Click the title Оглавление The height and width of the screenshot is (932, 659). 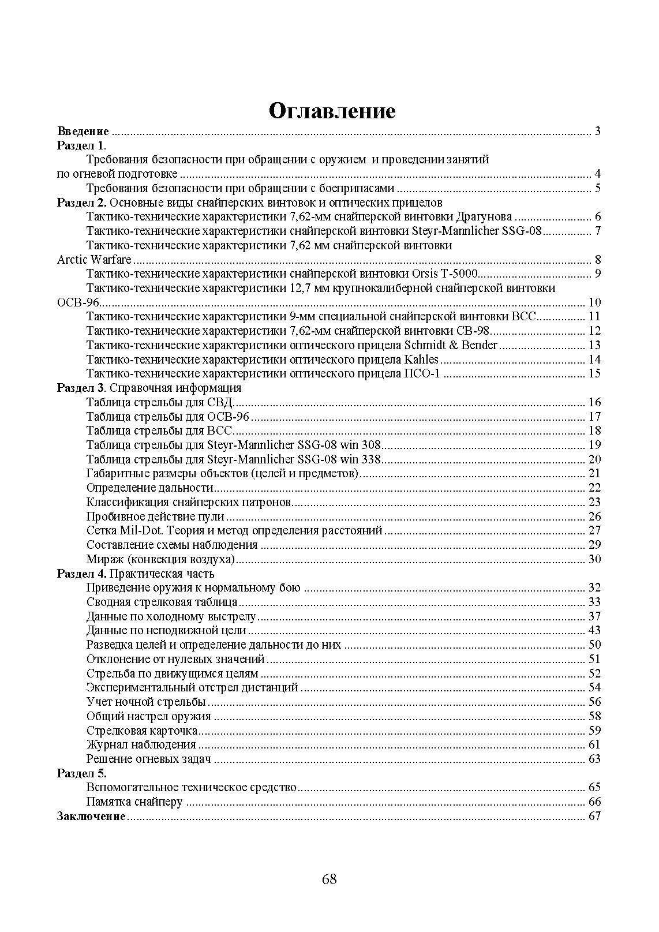(x=332, y=111)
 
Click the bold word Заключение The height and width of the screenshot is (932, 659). (x=91, y=816)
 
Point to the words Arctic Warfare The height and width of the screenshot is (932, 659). (x=94, y=260)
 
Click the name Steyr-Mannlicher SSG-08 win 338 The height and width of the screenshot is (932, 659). (x=294, y=459)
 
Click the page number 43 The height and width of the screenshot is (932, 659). (x=594, y=631)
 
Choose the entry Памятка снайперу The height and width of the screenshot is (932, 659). (x=134, y=802)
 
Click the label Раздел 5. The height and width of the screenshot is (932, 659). (x=81, y=773)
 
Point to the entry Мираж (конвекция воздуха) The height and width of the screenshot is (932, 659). (x=160, y=559)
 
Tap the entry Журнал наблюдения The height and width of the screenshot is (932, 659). (x=141, y=744)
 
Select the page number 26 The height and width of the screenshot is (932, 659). (x=594, y=516)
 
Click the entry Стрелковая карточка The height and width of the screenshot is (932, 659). (x=142, y=731)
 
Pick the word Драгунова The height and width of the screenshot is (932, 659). (x=484, y=217)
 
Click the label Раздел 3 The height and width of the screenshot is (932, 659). (x=81, y=388)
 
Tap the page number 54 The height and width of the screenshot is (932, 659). (x=594, y=687)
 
